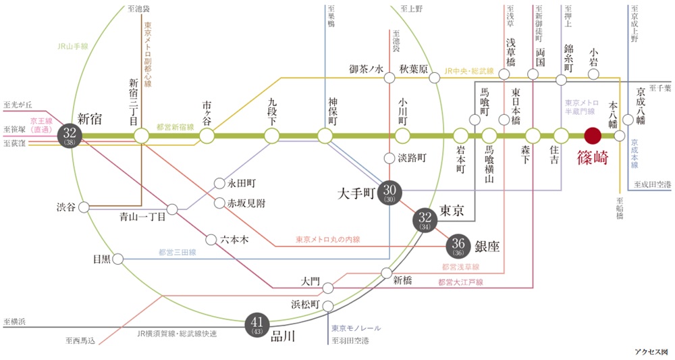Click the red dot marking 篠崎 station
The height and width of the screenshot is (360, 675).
[593, 136]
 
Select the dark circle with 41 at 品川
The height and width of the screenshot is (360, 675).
[257, 325]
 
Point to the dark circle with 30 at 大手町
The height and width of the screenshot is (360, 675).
[389, 192]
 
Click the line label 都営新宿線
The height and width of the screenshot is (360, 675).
[175, 126]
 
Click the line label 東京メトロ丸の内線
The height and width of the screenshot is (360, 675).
[327, 239]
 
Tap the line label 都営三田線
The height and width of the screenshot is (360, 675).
[177, 252]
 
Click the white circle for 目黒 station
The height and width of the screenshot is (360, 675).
[118, 259]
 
